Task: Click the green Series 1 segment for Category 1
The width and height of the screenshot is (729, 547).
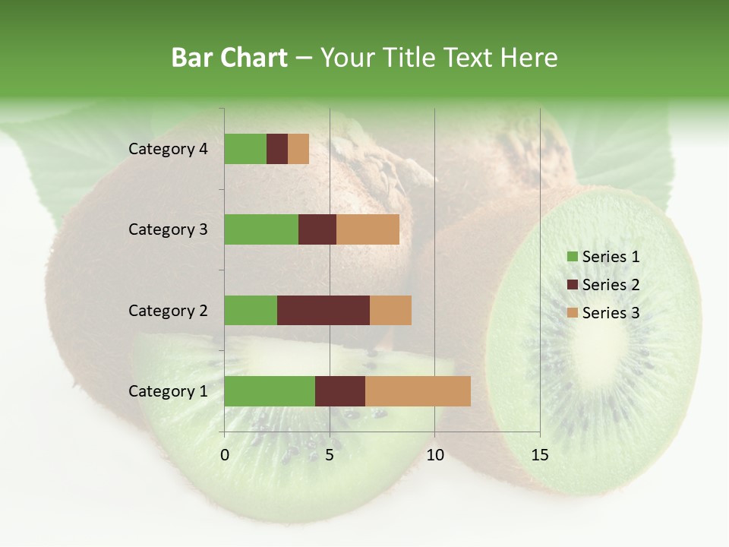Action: click(270, 391)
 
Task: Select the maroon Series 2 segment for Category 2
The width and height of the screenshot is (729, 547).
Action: click(323, 310)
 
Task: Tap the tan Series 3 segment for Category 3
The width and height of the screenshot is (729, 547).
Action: click(368, 229)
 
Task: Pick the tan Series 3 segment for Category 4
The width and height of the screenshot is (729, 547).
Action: click(298, 149)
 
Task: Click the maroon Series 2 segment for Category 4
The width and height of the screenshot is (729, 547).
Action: click(277, 149)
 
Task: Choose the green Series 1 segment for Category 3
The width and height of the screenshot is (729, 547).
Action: click(261, 229)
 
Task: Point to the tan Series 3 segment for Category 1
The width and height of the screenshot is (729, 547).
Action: click(418, 391)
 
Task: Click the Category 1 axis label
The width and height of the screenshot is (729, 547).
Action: click(168, 391)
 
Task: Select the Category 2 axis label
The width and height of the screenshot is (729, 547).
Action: click(168, 310)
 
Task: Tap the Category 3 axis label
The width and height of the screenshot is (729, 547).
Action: click(168, 229)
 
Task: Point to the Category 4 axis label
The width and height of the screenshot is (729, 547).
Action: click(168, 149)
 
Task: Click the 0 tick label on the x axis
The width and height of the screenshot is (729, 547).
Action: click(225, 455)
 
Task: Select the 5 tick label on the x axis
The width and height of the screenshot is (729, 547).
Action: click(330, 455)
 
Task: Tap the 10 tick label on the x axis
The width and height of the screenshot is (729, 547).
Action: click(434, 455)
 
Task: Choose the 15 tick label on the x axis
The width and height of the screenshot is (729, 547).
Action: click(540, 455)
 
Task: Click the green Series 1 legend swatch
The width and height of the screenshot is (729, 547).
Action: click(572, 257)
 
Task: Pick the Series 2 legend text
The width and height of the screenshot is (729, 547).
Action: click(611, 285)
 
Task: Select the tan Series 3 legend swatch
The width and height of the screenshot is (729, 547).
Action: click(572, 313)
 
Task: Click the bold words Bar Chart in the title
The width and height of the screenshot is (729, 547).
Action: click(229, 58)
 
